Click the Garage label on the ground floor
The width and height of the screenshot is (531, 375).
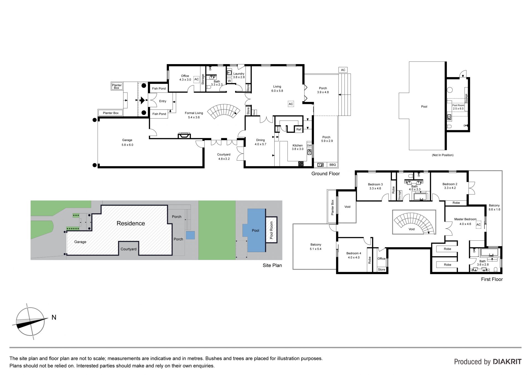click(127, 140)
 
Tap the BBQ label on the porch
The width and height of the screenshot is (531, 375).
click(332, 165)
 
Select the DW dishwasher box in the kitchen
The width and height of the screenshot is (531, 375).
click(309, 146)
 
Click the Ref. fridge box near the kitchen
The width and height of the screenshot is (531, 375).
click(299, 129)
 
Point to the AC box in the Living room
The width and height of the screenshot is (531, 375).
click(291, 104)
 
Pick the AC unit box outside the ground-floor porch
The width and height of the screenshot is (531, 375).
click(343, 70)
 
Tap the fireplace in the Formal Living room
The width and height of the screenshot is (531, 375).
click(184, 135)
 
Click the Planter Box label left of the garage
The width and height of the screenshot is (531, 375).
click(111, 113)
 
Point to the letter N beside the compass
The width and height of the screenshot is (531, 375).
click(54, 318)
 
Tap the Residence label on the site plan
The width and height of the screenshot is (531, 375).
click(131, 223)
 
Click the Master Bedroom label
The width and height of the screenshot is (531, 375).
click(465, 219)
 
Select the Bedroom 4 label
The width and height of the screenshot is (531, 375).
click(354, 253)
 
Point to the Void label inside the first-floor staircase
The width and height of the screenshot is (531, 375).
click(412, 229)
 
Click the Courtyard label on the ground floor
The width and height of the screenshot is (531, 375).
click(224, 154)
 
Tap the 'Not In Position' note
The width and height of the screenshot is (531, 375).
click(442, 155)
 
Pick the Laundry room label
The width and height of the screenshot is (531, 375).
click(239, 74)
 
